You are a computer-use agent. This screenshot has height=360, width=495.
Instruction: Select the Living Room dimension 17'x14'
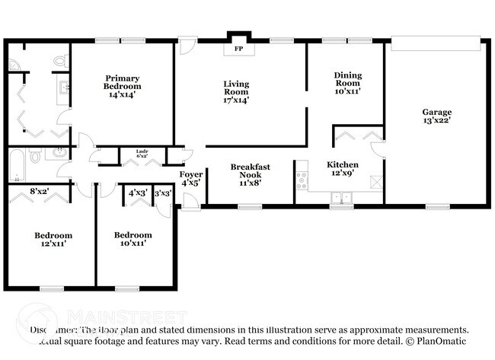[x=236, y=100]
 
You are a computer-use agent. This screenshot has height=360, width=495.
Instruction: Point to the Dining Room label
[x=347, y=75]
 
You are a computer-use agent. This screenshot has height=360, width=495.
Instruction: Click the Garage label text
[x=437, y=112]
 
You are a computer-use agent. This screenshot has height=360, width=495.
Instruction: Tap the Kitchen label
[x=343, y=164]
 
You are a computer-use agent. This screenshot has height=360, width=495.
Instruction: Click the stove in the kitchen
[x=302, y=180]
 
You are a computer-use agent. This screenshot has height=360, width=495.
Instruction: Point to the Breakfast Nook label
[x=251, y=170]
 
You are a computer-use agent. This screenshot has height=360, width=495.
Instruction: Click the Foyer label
[x=190, y=174]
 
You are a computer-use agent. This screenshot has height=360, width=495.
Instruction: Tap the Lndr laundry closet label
[x=142, y=151]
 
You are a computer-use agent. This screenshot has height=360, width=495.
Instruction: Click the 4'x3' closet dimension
[x=138, y=193]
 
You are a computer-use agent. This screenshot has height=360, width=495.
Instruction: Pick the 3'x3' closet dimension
[x=163, y=193]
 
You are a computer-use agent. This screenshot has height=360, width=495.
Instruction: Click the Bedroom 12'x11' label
[x=53, y=239]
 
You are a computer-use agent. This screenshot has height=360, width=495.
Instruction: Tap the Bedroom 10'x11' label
[x=132, y=239]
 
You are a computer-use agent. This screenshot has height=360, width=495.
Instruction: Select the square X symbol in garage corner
[x=374, y=181]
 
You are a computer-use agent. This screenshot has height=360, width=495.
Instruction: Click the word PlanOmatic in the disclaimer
[x=440, y=342]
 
